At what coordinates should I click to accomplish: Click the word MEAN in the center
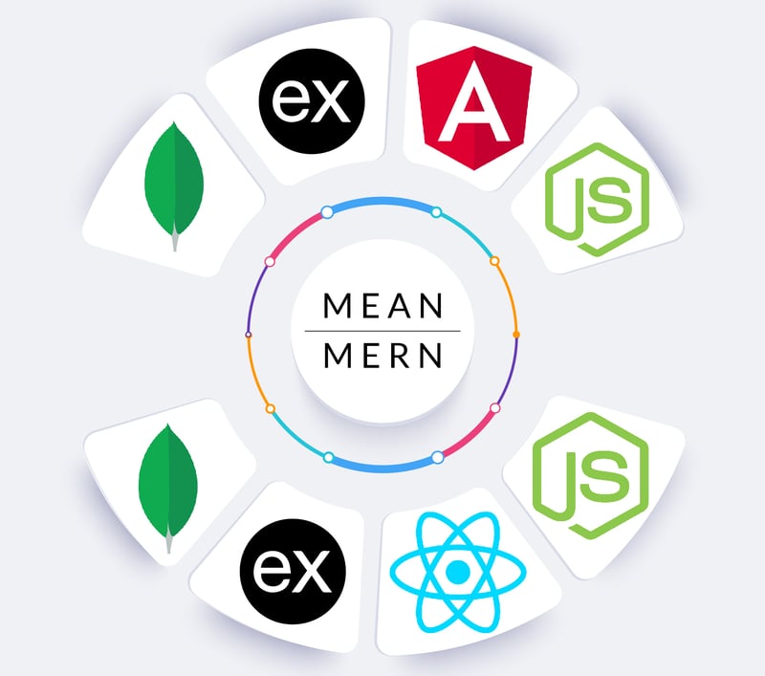(x=382, y=306)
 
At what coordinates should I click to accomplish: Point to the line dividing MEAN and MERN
(x=382, y=331)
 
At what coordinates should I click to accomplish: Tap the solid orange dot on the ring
(x=516, y=334)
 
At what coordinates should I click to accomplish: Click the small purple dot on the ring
(x=249, y=334)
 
